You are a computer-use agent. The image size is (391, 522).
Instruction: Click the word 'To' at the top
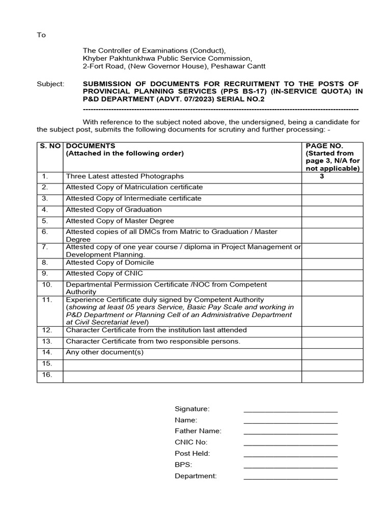coord(41,35)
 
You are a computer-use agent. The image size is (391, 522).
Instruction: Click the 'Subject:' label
coord(50,84)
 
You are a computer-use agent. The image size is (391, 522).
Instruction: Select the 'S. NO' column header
coord(50,146)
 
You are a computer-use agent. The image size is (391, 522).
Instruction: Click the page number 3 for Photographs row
coord(322,176)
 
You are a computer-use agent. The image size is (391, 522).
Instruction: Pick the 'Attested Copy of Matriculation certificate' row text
coord(134,187)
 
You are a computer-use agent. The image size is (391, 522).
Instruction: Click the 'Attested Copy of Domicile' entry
coord(109,263)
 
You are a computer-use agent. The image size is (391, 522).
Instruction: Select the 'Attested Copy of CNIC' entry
coord(104,274)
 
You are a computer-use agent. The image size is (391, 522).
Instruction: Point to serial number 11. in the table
coord(47,300)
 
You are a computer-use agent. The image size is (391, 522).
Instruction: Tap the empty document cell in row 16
coord(182,376)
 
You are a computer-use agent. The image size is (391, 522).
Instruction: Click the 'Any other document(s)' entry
coord(105,352)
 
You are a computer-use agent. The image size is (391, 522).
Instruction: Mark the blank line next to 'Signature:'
coord(290,409)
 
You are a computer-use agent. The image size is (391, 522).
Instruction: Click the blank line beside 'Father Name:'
coord(290,432)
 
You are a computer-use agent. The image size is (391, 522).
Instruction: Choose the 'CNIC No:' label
coord(191,442)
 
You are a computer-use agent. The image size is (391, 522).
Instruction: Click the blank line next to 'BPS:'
coord(290,465)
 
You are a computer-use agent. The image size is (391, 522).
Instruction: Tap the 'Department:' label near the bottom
coord(195,476)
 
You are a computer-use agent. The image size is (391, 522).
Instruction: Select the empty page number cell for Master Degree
coord(332,221)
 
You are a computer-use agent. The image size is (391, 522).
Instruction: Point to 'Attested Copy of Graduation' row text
coord(114,210)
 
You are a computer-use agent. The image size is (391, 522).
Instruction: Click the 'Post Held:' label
coord(192,454)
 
